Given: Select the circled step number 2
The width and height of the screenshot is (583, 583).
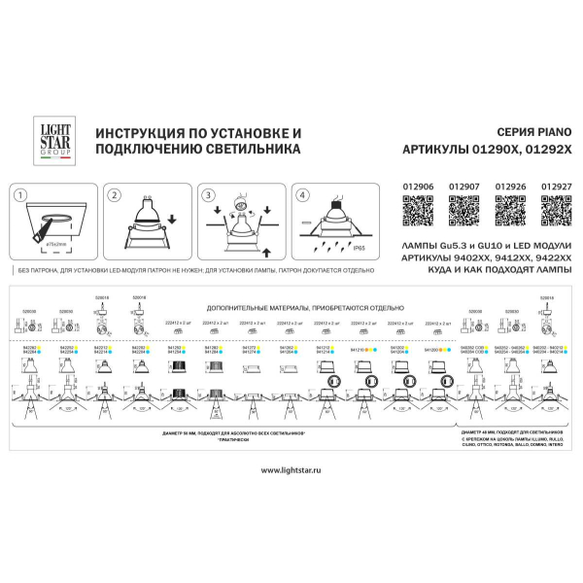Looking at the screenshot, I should (114, 194).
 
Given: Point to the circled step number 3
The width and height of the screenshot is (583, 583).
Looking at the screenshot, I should (206, 194).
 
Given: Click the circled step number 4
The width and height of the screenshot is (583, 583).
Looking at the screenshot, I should (300, 194).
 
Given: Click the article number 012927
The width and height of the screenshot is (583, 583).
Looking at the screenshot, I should (557, 182).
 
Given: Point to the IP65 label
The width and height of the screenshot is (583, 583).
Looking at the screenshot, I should (359, 249).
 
